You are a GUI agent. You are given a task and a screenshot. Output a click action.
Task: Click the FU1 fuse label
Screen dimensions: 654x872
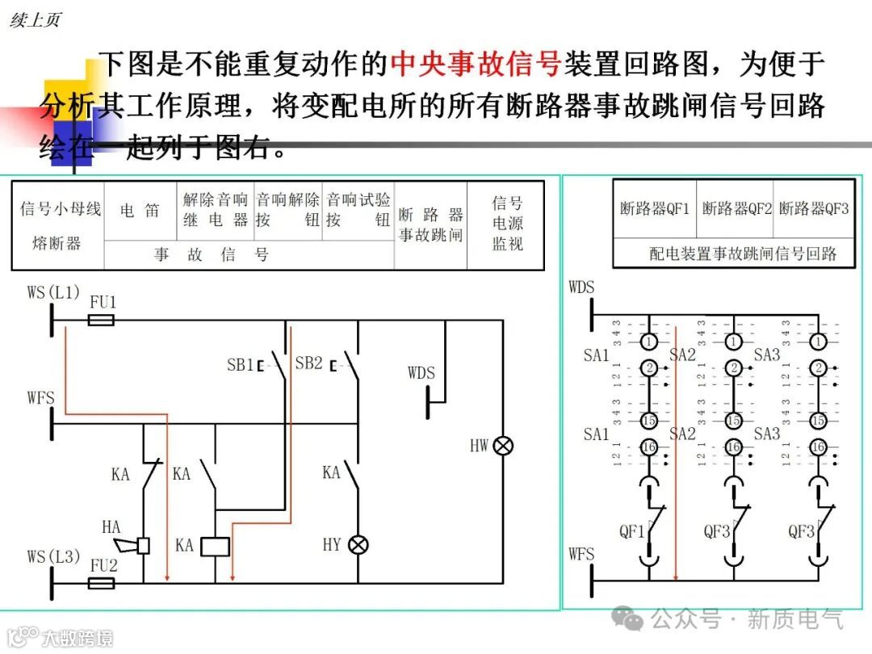[x=103, y=303]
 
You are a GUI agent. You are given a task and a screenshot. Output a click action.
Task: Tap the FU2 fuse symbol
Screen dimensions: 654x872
[x=100, y=582]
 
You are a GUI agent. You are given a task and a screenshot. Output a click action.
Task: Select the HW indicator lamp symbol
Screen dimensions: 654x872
[x=504, y=445]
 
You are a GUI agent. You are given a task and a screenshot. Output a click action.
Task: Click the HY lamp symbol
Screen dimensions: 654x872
[x=358, y=545]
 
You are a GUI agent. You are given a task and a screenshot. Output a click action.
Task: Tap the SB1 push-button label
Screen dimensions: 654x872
[x=240, y=364]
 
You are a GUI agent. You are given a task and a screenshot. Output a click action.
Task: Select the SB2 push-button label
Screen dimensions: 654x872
[x=308, y=363]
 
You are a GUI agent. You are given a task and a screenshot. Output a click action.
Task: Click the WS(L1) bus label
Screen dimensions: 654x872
[x=53, y=292]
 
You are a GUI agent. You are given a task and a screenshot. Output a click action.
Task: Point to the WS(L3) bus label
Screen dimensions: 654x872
[x=53, y=557]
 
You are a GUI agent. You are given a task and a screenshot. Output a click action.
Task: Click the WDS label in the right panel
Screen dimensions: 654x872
[x=581, y=287]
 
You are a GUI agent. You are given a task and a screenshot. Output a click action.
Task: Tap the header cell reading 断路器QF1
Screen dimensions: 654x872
[x=655, y=208]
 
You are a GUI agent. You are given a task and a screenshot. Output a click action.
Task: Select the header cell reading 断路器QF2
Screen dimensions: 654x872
[x=736, y=208]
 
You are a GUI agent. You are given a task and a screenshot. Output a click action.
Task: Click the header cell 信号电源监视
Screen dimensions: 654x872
[x=507, y=224]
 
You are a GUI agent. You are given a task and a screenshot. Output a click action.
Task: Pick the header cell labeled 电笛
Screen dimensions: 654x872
[x=140, y=211]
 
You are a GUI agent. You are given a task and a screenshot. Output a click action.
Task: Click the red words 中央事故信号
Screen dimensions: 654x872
[x=476, y=64]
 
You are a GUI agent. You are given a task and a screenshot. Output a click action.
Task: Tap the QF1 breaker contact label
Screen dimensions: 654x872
[x=632, y=531]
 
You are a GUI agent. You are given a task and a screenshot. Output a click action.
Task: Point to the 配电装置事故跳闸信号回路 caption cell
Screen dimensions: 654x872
[x=743, y=254]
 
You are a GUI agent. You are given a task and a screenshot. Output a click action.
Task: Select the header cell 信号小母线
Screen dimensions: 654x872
[x=61, y=209]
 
